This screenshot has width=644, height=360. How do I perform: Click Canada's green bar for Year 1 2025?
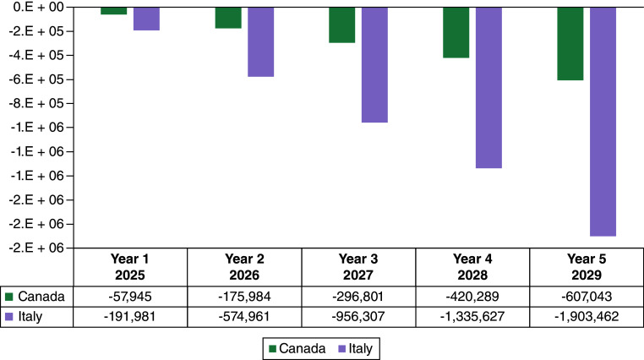coord(114,11)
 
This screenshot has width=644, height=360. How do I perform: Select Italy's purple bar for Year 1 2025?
coord(146,19)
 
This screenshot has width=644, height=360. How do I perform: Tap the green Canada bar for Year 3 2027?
coord(342,25)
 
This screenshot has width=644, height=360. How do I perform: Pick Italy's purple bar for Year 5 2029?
coord(603,122)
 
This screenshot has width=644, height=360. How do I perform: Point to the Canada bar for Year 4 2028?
coord(456,33)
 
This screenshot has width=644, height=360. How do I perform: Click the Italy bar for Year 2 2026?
coord(261,42)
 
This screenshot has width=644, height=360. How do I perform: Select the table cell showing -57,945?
coord(130,297)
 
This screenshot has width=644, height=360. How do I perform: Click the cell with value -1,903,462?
coord(587,317)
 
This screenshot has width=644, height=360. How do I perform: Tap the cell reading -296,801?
coord(358,297)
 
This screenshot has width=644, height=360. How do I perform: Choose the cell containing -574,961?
coord(244,317)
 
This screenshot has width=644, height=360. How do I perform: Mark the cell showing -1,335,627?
coord(472,317)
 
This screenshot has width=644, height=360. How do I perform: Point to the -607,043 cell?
coord(587,297)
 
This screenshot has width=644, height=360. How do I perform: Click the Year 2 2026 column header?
coord(244,267)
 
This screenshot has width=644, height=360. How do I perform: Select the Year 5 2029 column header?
coord(587,267)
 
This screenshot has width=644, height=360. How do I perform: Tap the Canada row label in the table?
coord(35,297)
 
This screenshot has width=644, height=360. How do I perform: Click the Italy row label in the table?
coord(24,317)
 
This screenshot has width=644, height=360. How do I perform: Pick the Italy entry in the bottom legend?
coord(355,349)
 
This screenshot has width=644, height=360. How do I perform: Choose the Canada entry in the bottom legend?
coord(297,349)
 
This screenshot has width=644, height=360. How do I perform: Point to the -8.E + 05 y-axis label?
coord(36,103)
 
